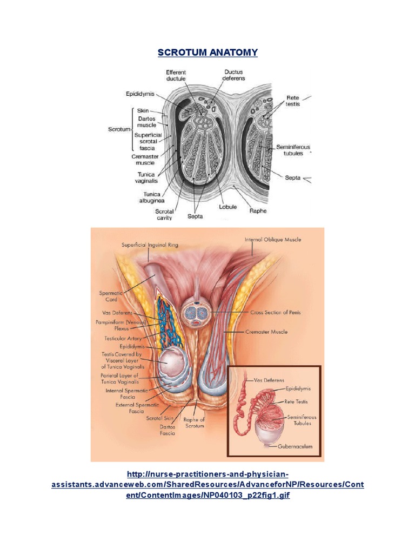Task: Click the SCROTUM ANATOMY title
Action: (207, 52)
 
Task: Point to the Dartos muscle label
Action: (146, 122)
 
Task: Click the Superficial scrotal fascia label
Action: (145, 142)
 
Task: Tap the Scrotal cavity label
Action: (164, 214)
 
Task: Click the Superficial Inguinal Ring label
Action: (150, 245)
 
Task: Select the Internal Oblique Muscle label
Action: (273, 239)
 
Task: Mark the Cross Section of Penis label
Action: (276, 313)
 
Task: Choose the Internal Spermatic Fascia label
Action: (120, 393)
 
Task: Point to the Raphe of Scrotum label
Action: (194, 423)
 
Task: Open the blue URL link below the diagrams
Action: (207, 485)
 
